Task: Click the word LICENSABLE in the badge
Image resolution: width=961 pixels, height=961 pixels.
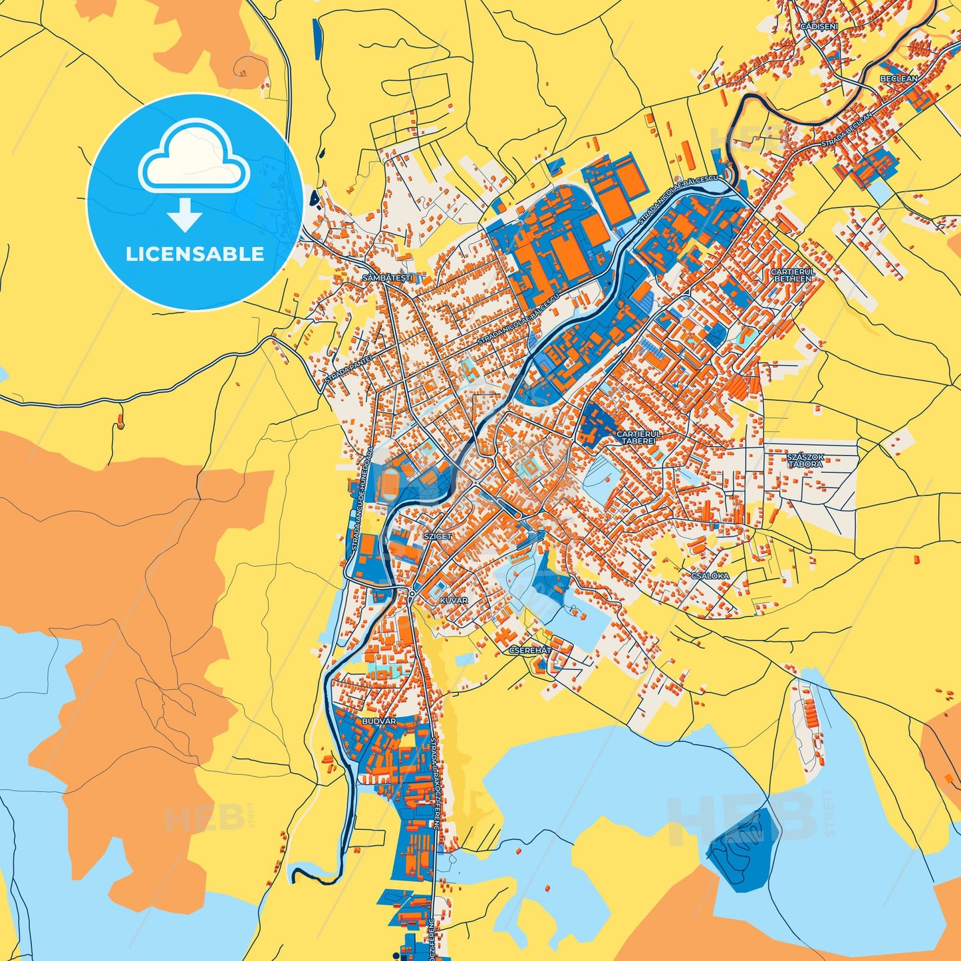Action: [x=195, y=254]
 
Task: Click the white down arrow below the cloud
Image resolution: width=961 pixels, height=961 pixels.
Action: [x=185, y=215]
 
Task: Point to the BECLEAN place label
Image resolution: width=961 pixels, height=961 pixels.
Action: [x=898, y=78]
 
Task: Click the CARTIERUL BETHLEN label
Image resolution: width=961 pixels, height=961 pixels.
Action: [x=793, y=275]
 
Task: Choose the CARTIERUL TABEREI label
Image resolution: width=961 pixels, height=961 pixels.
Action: [x=639, y=437]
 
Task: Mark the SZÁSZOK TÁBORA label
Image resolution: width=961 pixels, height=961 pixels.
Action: [x=805, y=460]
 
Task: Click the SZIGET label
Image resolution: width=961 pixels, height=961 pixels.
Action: [x=438, y=536]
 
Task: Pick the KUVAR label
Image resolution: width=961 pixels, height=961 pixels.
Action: [x=454, y=601]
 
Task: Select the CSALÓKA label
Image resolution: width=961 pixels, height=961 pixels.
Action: [x=710, y=576]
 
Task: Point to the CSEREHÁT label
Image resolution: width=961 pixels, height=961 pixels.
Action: [x=530, y=650]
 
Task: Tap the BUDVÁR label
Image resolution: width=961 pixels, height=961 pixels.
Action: [x=379, y=721]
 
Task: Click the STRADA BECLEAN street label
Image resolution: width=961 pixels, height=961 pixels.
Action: [x=846, y=130]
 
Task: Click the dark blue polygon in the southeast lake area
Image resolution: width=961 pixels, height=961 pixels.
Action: [x=743, y=849]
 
